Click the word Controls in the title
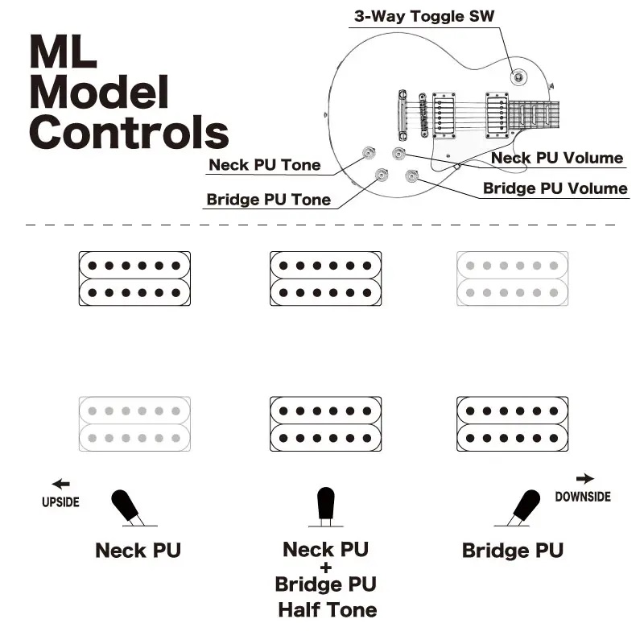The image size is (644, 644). coord(129,131)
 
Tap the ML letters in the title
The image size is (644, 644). coord(63,52)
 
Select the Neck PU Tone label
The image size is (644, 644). coord(264,166)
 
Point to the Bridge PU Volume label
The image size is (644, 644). coord(555,189)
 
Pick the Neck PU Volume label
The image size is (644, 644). coord(557,159)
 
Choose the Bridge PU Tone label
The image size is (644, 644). coord(268,200)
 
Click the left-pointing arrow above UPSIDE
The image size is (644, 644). coord(60,484)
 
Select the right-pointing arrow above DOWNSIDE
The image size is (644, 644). coord(585,479)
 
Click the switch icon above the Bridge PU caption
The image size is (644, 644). coord(526,508)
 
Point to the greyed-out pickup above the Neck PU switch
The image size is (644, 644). coord(135,423)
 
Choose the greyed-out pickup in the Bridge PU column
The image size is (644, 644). coord(512,279)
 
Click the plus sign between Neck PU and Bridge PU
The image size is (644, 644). coord(326,567)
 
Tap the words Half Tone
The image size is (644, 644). coord(327,609)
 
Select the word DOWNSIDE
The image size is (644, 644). coord(583,497)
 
